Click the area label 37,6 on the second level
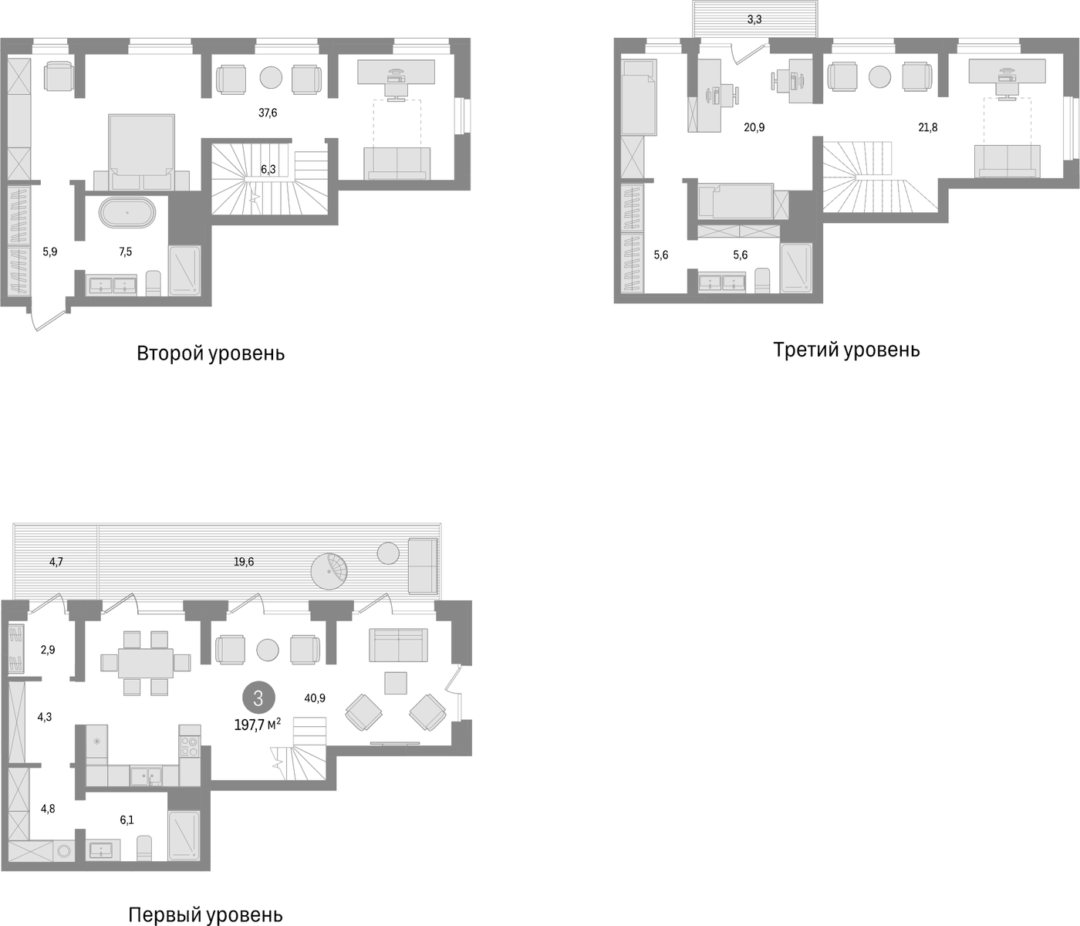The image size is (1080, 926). point(268,113)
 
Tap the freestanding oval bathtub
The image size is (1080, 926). point(127,213)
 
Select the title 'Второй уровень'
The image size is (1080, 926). point(211,353)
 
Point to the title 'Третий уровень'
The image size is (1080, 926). point(846,350)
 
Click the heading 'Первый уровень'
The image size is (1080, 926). point(205,915)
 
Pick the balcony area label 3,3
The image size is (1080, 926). point(754,20)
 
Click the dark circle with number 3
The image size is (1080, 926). point(258,698)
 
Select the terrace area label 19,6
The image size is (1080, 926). point(244,562)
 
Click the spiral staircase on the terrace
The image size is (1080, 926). point(329,571)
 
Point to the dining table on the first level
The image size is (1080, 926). point(146,663)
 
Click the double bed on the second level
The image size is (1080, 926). point(142,152)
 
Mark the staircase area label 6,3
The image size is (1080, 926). point(268,169)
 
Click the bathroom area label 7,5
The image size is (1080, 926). point(126,252)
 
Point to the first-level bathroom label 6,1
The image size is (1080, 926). point(127,820)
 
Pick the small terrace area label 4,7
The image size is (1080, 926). point(56,562)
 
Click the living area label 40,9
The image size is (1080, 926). point(315,698)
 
